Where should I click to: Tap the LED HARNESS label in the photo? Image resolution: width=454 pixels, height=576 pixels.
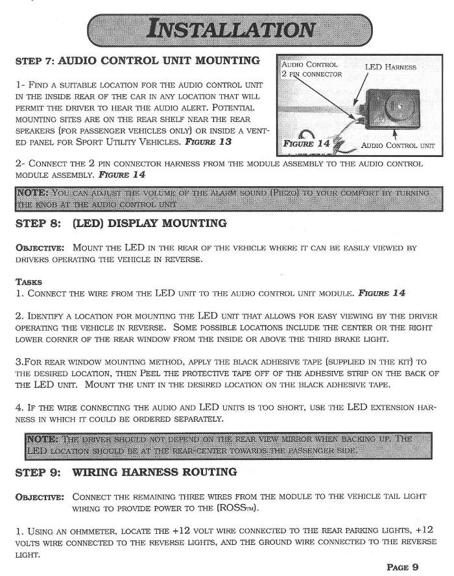tap(390, 67)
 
